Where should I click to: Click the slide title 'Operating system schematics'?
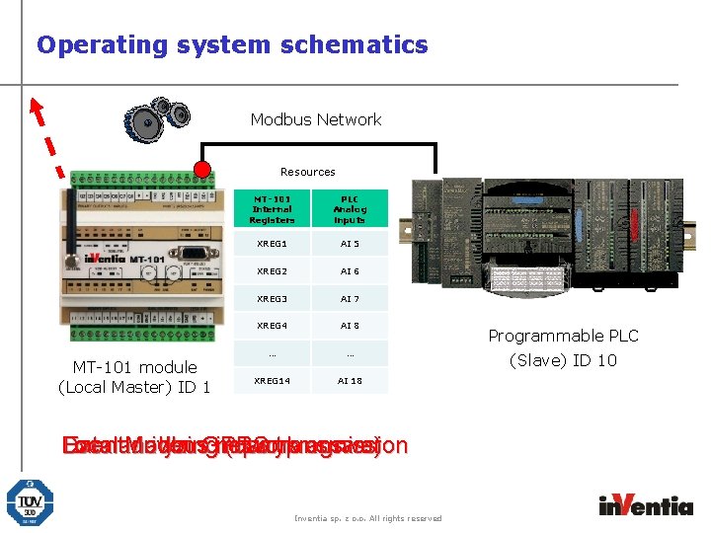[232, 44]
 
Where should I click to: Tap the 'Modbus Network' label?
[316, 119]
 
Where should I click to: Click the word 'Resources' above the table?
[307, 172]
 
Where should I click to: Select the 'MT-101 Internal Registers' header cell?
[272, 209]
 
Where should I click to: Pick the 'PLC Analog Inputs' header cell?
[350, 209]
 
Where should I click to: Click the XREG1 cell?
[272, 244]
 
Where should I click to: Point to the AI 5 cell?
[350, 244]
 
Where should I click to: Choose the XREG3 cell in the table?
[272, 298]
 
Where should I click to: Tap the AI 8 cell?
[350, 326]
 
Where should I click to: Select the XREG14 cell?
[272, 380]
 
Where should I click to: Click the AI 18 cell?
[350, 380]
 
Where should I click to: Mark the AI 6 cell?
[350, 271]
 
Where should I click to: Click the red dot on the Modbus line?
[202, 169]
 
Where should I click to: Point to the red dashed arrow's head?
[36, 104]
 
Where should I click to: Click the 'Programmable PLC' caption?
[563, 336]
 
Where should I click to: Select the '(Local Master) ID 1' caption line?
[134, 387]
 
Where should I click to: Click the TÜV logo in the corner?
[31, 502]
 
